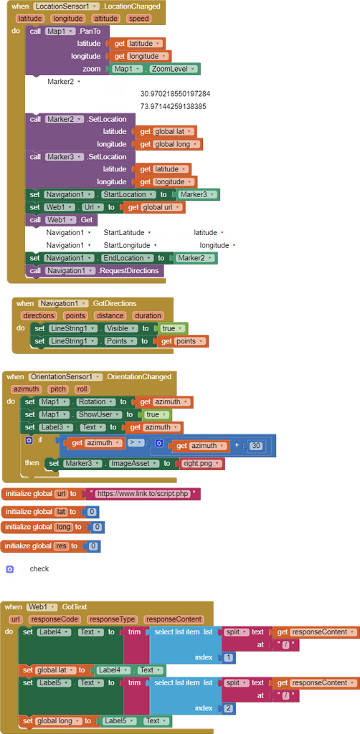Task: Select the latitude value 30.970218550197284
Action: (x=175, y=94)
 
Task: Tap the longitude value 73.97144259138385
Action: (x=173, y=106)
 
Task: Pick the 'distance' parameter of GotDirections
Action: (x=110, y=315)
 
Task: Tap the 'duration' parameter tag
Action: (x=148, y=315)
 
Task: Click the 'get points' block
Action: (x=183, y=341)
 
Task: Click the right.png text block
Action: (x=202, y=464)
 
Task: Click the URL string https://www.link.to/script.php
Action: (x=144, y=494)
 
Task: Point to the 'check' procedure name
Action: (x=39, y=568)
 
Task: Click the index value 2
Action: (x=228, y=708)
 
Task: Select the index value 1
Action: (x=228, y=657)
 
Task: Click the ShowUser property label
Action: (x=98, y=414)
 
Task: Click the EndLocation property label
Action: (x=126, y=258)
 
